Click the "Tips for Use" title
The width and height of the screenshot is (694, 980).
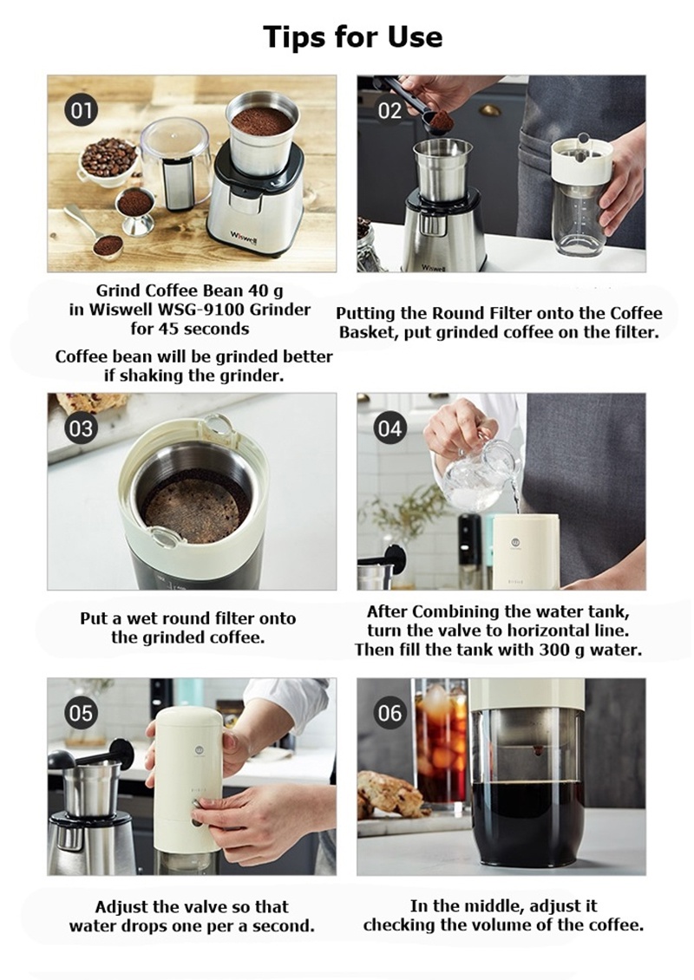(352, 37)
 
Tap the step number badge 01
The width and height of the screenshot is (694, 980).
(82, 111)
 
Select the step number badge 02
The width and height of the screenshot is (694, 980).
(390, 111)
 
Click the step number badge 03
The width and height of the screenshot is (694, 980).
(82, 428)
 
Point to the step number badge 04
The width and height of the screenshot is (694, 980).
(390, 428)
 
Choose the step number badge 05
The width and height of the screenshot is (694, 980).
(82, 713)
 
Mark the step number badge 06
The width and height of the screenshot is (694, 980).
(390, 713)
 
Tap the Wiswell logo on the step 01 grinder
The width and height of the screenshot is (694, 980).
(243, 238)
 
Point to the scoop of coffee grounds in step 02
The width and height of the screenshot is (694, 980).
(442, 121)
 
